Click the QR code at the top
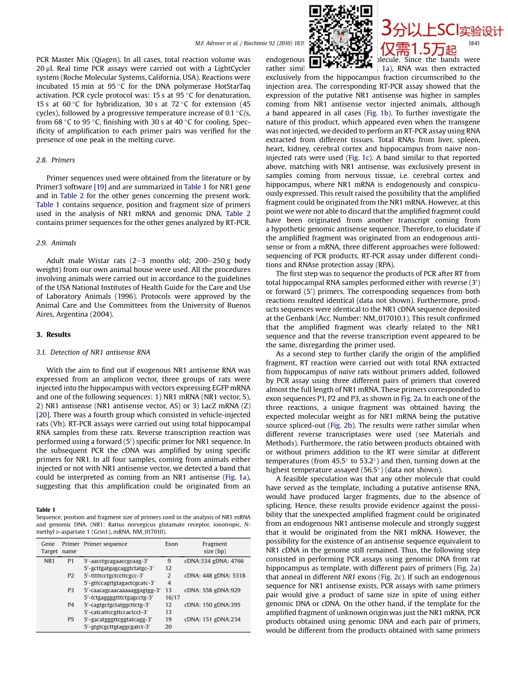pos(341,36)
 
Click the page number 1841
pos(474,44)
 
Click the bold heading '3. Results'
pos(53,334)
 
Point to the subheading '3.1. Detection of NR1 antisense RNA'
pos(93,352)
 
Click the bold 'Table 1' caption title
pos(45,510)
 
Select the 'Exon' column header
pos(171,544)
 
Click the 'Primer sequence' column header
pos(105,544)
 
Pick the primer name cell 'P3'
pos(71,590)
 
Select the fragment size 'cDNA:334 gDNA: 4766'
pos(214,561)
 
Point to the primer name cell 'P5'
pos(71,619)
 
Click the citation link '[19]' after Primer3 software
pos(100,187)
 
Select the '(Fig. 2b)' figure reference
pos(341,425)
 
